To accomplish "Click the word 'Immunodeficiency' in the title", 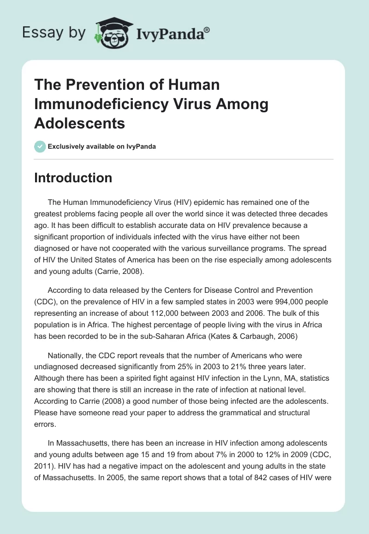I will click(100, 104).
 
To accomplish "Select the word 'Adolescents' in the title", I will click(79, 123).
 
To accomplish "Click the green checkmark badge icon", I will click(40, 146).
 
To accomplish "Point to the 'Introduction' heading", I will click(73, 178).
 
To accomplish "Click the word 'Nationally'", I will click(65, 356).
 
